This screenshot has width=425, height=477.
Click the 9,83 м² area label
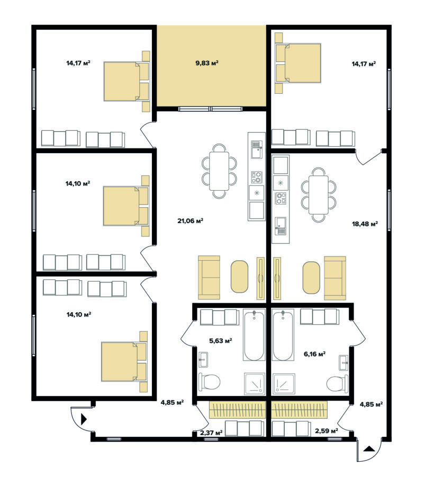(207, 63)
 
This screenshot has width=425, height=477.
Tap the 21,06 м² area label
(190, 221)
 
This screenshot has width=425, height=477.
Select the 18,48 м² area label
(365, 224)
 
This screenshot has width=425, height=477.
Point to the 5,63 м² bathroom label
(221, 341)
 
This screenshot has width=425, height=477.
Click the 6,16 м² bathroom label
(315, 354)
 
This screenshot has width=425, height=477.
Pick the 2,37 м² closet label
(211, 432)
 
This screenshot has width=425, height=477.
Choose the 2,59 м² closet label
(327, 431)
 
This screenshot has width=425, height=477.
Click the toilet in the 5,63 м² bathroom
(209, 382)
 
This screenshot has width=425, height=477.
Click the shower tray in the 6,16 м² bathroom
(284, 384)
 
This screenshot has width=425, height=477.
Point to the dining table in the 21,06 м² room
(219, 171)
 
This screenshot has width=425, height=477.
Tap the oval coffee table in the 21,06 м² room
(239, 276)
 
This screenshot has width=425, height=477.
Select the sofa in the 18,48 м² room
(335, 278)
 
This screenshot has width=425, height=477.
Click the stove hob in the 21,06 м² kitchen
(256, 178)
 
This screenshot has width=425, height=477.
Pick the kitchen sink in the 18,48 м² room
(281, 226)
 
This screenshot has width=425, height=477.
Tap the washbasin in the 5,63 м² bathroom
(203, 360)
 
